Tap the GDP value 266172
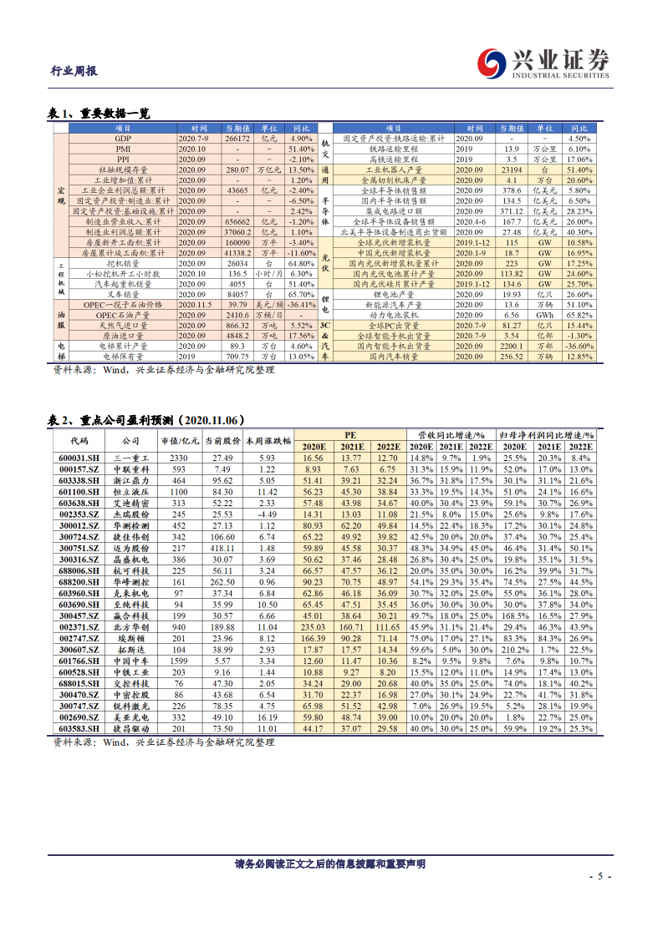click(238, 138)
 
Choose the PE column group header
click(351, 435)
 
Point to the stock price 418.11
click(222, 547)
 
